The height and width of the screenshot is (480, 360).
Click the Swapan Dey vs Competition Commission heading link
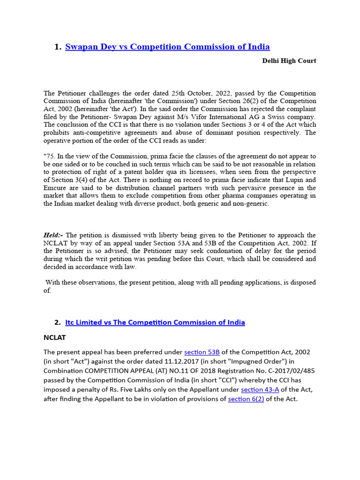coord(167,46)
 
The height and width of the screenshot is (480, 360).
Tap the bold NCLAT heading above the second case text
coord(55,337)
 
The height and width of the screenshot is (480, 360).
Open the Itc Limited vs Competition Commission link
coord(155,322)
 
